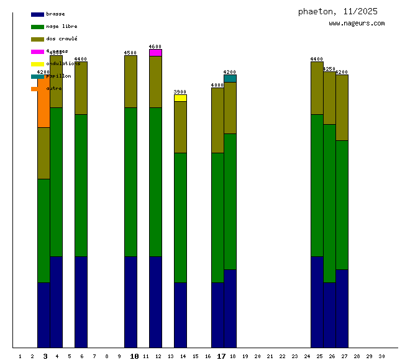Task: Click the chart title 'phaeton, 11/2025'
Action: point(337,11)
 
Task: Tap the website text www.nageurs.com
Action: point(357,24)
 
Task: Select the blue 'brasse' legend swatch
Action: point(37,14)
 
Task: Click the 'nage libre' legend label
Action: point(61,26)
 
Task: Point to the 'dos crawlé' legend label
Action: point(61,38)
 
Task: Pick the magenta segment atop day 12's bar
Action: point(155,53)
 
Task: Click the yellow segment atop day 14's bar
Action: point(180,98)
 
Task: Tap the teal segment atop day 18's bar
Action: point(230,78)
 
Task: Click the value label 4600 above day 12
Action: point(155,47)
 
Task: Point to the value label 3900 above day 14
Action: point(180,92)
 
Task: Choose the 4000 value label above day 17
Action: point(217,85)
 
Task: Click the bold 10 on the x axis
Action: point(134,356)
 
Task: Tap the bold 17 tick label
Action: point(221,356)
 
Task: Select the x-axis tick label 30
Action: point(381,356)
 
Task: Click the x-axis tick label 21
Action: point(270,356)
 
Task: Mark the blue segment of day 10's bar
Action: point(130,302)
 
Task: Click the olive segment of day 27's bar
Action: point(342,107)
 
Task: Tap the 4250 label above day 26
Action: point(329,69)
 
